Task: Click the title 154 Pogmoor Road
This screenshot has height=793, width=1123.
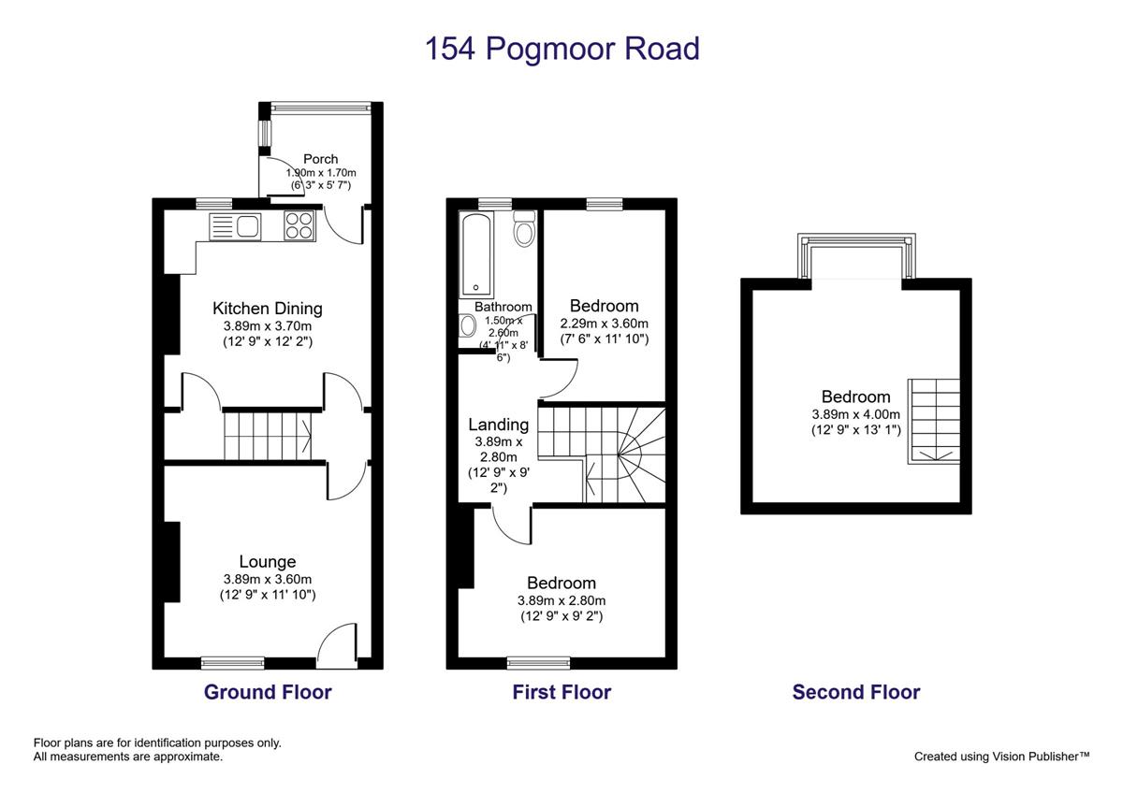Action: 562,49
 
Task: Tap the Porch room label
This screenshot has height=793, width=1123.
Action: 321,159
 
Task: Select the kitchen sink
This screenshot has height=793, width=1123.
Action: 235,226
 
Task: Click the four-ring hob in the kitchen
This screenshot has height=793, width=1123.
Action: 299,225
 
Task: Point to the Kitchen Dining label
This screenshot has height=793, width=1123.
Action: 268,308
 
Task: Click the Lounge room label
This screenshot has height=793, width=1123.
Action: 268,562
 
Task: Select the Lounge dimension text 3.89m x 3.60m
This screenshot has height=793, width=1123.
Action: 268,579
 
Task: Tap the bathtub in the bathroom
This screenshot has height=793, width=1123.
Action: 475,255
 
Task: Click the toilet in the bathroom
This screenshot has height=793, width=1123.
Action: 524,228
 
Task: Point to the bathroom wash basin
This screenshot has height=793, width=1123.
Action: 468,326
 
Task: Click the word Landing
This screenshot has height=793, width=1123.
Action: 498,425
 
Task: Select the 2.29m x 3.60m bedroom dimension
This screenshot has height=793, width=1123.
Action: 605,324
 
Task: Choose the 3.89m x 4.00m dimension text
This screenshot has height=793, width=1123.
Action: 855,414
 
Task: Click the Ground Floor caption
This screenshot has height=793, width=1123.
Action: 268,692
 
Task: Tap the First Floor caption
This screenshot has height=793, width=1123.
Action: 561,692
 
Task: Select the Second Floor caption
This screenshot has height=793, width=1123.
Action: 856,692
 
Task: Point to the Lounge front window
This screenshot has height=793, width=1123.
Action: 233,663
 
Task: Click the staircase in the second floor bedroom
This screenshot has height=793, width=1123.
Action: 934,422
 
